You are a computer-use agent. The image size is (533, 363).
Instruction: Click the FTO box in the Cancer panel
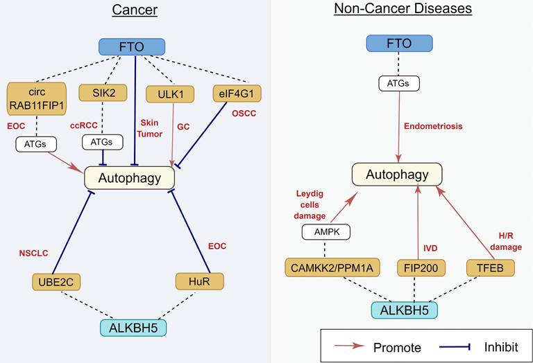[x=132, y=47]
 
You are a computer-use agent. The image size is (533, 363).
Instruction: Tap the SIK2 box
[x=101, y=93]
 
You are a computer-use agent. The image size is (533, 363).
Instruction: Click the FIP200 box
[x=420, y=267]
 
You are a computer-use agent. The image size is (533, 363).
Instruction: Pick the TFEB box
[x=490, y=267]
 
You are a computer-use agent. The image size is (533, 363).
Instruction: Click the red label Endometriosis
[x=433, y=127]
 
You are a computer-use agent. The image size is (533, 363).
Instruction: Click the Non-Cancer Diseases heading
[x=403, y=9]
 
